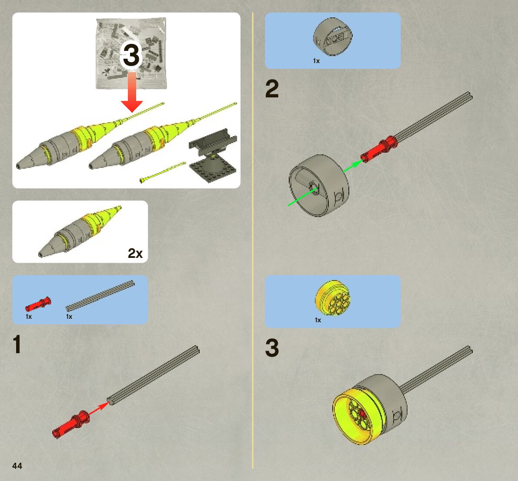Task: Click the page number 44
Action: (17, 466)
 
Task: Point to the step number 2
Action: (272, 89)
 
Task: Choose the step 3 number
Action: (272, 348)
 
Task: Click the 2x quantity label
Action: (135, 253)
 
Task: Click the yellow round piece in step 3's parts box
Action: (333, 297)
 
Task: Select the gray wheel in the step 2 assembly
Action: (320, 185)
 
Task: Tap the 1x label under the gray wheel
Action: (316, 61)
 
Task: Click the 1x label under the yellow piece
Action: (318, 320)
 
